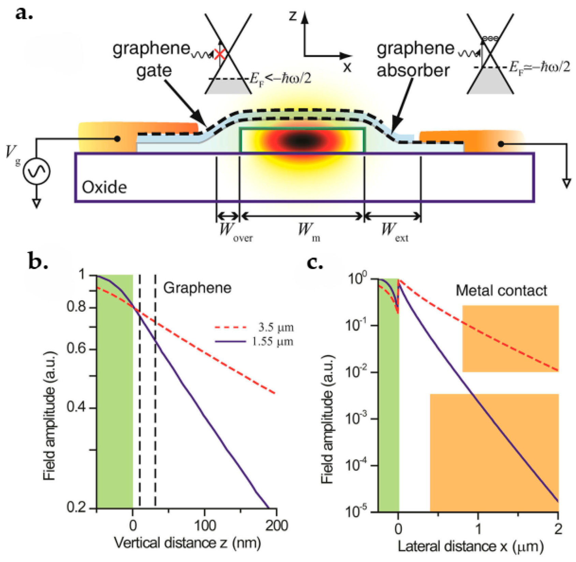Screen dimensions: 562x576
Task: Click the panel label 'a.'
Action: pyautogui.click(x=24, y=14)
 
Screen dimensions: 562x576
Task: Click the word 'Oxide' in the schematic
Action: pyautogui.click(x=104, y=187)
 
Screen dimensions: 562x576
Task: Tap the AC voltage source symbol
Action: pyautogui.click(x=36, y=171)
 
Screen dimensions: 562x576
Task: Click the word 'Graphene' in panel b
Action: pyautogui.click(x=197, y=288)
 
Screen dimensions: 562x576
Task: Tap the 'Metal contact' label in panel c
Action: pyautogui.click(x=501, y=291)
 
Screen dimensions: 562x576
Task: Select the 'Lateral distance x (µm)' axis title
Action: pyautogui.click(x=470, y=547)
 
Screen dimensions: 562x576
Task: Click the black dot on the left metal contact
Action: pyautogui.click(x=117, y=139)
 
